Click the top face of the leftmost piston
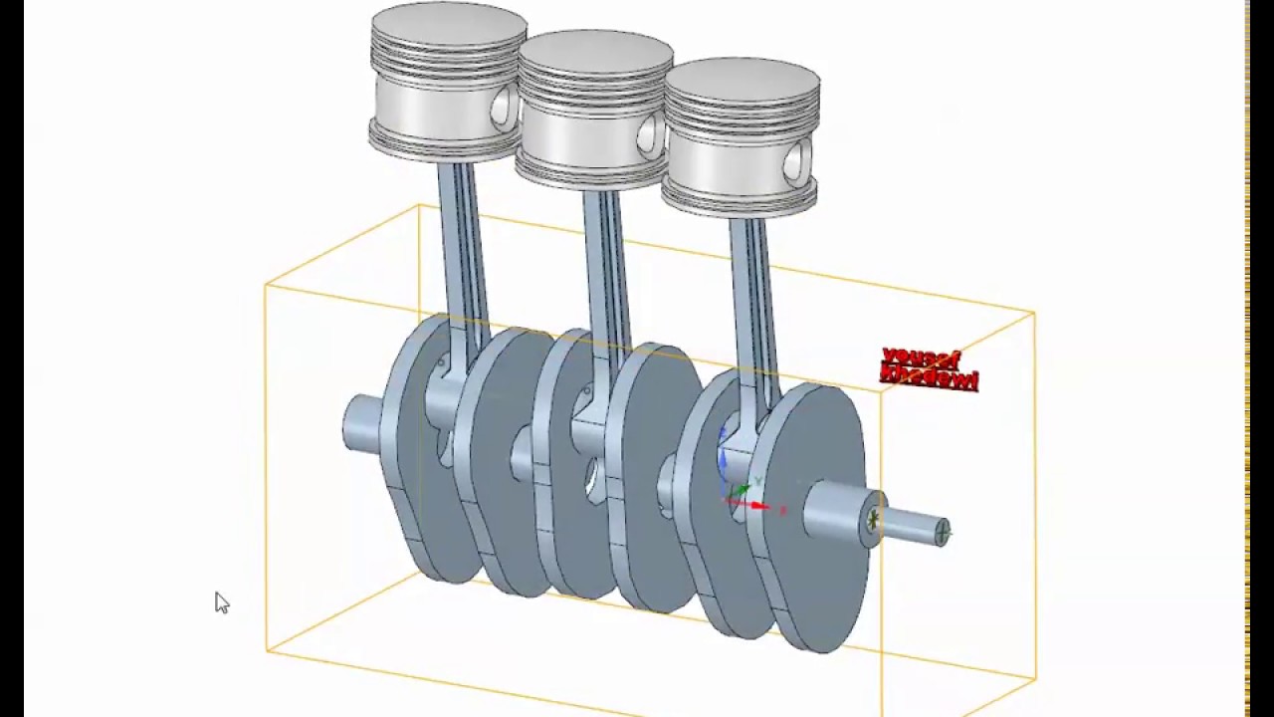pyautogui.click(x=448, y=27)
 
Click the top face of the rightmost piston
pyautogui.click(x=742, y=80)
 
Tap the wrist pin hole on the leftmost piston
pyautogui.click(x=507, y=107)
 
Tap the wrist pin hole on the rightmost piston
pyautogui.click(x=798, y=161)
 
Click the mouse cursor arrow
pyautogui.click(x=221, y=601)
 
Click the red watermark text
pyautogui.click(x=929, y=368)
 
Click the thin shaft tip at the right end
pyautogui.click(x=921, y=528)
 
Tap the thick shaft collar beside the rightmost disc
pyautogui.click(x=841, y=513)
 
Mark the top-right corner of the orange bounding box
pyautogui.click(x=1034, y=313)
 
